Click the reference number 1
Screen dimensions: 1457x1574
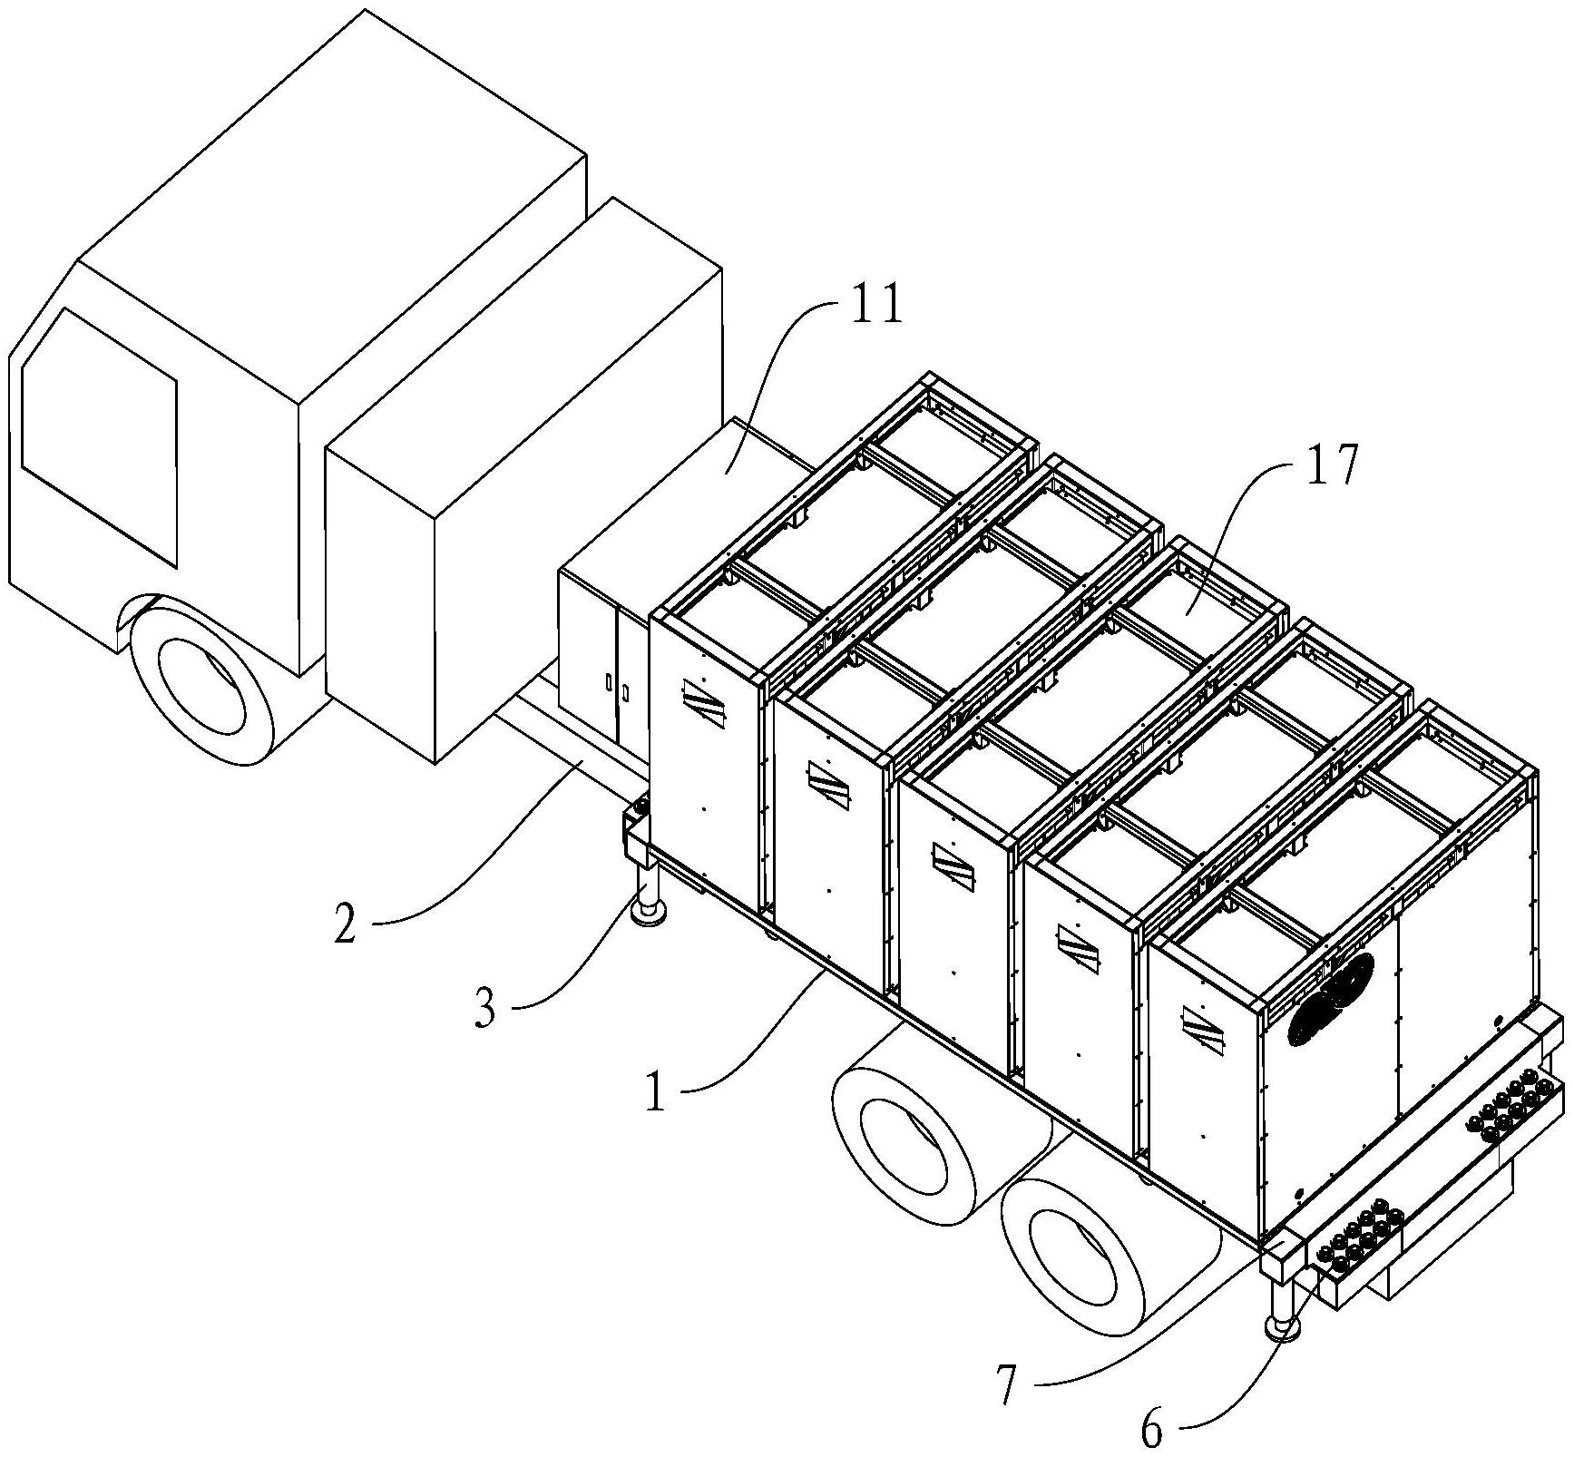pyautogui.click(x=655, y=1093)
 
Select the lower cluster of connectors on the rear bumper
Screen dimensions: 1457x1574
pyautogui.click(x=1357, y=1234)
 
